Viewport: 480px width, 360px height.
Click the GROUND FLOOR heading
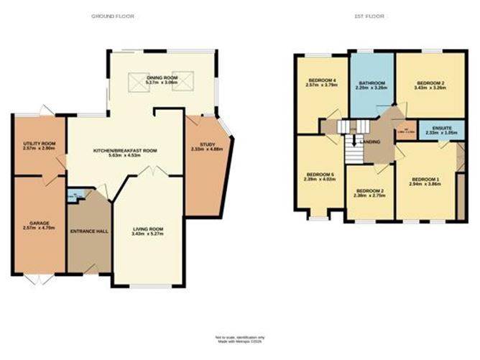point(114,16)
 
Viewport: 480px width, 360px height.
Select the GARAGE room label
point(39,223)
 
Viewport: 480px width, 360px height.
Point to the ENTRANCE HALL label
point(88,231)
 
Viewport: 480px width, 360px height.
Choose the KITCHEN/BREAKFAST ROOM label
point(125,151)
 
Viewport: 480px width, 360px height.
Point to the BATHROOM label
point(372,83)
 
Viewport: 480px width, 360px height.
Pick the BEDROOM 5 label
point(320,175)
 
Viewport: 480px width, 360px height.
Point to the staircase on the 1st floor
point(351,147)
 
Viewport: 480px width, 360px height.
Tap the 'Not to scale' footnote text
point(240,336)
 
